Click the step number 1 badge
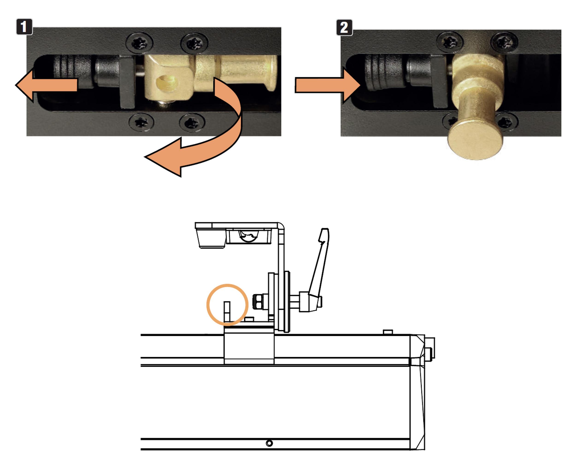coord(24,27)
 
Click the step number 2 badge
coord(344,27)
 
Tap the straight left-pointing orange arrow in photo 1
coord(46,85)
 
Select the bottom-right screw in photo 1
coord(192,123)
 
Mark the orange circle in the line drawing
coord(227,305)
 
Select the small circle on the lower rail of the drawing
coord(269,443)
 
